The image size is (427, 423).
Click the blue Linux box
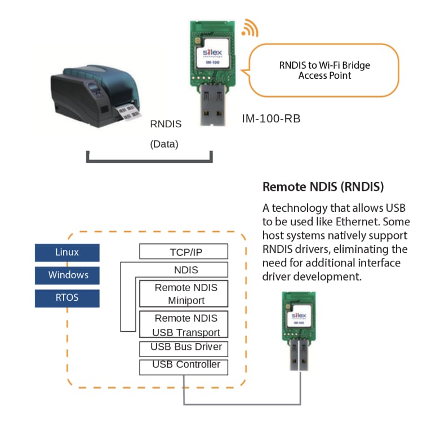(67, 252)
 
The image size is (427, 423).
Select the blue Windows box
(67, 275)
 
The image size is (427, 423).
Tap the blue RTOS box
(67, 298)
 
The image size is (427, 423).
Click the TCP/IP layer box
(184, 252)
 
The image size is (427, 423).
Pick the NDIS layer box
(184, 270)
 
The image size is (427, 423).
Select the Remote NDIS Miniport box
(184, 293)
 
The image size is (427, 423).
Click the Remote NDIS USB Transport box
(184, 324)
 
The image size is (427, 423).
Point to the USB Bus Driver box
(184, 347)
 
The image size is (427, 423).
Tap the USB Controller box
(184, 366)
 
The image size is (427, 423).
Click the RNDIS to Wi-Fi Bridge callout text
(324, 70)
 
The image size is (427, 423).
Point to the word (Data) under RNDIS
(164, 144)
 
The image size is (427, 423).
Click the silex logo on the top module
(212, 52)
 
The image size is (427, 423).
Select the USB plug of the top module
(212, 107)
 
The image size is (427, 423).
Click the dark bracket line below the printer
(149, 161)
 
